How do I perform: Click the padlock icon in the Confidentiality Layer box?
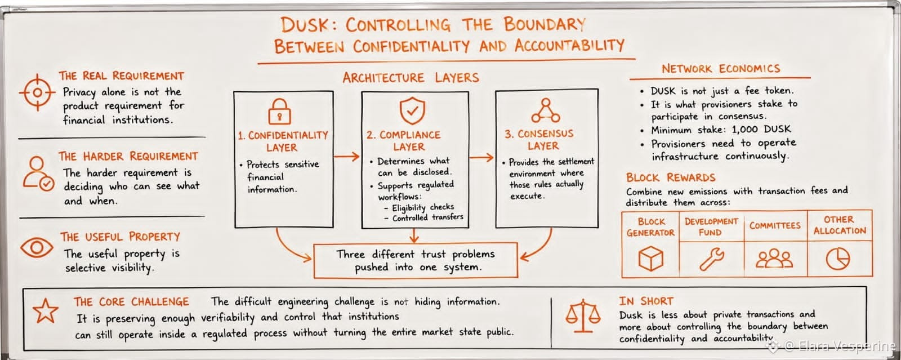279,112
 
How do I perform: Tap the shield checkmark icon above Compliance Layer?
412,110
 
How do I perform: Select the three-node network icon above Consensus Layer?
546,110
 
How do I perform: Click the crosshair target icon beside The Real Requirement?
37,92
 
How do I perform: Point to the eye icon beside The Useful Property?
37,247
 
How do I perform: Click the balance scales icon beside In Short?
583,316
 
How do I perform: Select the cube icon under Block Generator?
650,258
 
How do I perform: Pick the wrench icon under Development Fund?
712,259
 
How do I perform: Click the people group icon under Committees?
774,258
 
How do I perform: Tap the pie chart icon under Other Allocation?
838,258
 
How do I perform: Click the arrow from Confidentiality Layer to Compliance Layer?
347,156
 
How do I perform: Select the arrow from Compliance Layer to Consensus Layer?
481,157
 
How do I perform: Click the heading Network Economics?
721,69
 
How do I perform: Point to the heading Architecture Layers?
411,77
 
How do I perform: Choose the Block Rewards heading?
671,177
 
